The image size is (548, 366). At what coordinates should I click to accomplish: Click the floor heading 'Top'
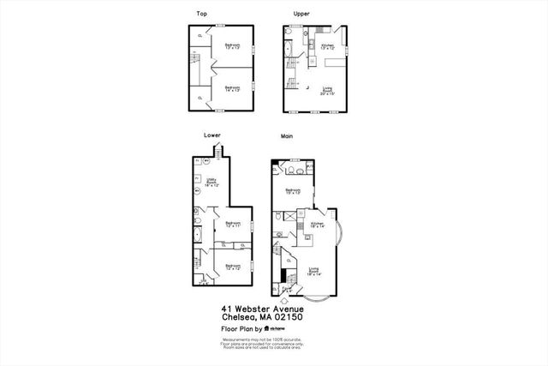(202, 14)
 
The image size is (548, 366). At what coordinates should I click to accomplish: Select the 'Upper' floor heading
(301, 14)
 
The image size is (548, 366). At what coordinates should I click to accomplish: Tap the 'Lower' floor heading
(212, 135)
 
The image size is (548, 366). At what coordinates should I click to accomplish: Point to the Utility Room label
(212, 183)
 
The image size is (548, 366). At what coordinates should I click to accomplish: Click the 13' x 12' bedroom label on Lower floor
(232, 268)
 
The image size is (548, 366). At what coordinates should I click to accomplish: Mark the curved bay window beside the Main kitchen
(340, 231)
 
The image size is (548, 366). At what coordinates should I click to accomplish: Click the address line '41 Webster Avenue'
(262, 308)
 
